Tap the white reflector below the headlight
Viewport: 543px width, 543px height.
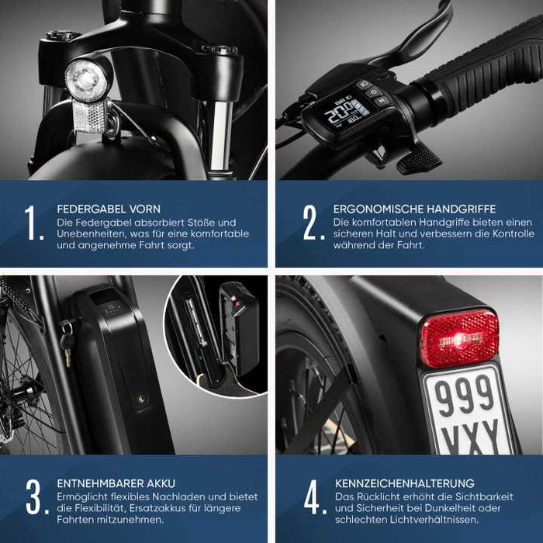point(88,116)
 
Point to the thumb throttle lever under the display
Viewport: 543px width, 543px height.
point(417,159)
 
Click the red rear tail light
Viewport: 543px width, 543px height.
point(458,338)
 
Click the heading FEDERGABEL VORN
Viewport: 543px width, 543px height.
point(109,209)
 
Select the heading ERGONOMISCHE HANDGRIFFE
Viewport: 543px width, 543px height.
point(414,209)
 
